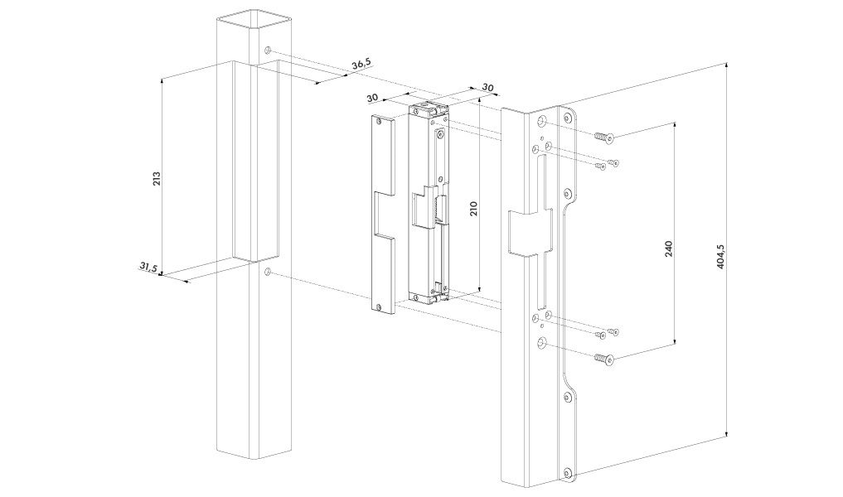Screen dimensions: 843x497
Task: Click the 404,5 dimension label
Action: (x=721, y=257)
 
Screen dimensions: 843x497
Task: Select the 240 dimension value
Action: (x=669, y=248)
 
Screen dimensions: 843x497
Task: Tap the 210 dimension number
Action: (x=473, y=209)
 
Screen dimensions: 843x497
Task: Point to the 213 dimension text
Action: (x=157, y=178)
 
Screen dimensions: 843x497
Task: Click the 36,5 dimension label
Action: (x=361, y=64)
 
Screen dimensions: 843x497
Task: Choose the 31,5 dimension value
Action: (x=148, y=267)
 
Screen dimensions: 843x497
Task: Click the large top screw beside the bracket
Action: (x=603, y=138)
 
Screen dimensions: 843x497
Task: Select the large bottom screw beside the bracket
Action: (x=603, y=358)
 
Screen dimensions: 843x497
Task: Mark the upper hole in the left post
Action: (x=268, y=51)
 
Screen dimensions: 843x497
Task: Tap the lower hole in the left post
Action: (x=268, y=273)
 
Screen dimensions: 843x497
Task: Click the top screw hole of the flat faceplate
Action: (x=380, y=122)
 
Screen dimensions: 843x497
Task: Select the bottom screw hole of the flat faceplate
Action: (x=380, y=306)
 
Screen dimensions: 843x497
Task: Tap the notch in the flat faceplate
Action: (x=385, y=214)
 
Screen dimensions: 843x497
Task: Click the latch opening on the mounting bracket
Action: (x=531, y=231)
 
